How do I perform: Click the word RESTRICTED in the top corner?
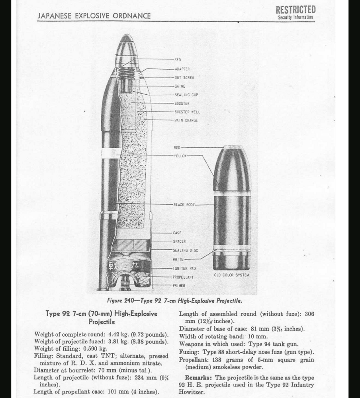pyautogui.click(x=295, y=10)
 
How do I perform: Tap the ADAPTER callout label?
pyautogui.click(x=182, y=69)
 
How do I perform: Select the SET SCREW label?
pyautogui.click(x=184, y=78)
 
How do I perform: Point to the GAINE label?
pyautogui.click(x=180, y=86)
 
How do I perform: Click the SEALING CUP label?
pyautogui.click(x=186, y=95)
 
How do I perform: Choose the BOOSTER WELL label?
pyautogui.click(x=187, y=112)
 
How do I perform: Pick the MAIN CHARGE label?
pyautogui.click(x=186, y=120)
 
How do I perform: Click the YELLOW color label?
pyautogui.click(x=180, y=156)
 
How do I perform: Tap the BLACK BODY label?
pyautogui.click(x=184, y=205)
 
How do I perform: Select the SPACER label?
pyautogui.click(x=179, y=241)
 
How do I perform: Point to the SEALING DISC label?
pyautogui.click(x=185, y=250)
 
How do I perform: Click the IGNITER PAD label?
pyautogui.click(x=184, y=269)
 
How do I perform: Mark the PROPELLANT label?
pyautogui.click(x=183, y=277)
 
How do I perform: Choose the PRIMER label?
pyautogui.click(x=179, y=286)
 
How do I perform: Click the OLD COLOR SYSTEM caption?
pyautogui.click(x=231, y=275)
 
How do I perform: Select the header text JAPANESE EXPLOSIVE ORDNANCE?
pyautogui.click(x=94, y=16)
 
